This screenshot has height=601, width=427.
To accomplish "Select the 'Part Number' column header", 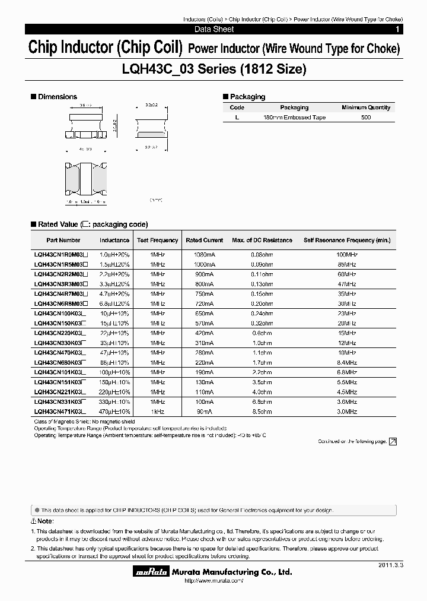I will click(63, 241).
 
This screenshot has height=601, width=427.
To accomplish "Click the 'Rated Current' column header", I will click(205, 241).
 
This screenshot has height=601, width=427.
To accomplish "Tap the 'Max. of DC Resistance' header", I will click(262, 241).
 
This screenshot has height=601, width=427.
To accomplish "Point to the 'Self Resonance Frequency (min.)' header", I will click(347, 241).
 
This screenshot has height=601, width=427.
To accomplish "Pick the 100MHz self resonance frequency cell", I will click(347, 254).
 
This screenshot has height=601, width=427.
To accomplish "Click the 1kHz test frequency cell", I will click(157, 411).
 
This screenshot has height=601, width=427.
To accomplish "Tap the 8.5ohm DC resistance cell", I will click(262, 411).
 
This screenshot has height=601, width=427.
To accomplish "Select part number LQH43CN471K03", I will click(60, 411).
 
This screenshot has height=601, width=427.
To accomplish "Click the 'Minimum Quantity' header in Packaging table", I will click(366, 107).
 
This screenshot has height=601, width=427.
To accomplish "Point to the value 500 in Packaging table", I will click(366, 118).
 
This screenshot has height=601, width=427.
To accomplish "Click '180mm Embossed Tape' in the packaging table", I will click(294, 118).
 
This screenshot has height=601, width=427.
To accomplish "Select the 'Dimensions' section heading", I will click(57, 97).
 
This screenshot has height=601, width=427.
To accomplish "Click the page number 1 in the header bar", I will click(397, 29).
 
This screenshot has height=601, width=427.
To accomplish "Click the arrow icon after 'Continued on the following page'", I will click(392, 441).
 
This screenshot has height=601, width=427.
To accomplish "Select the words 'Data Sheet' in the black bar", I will click(214, 29).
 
